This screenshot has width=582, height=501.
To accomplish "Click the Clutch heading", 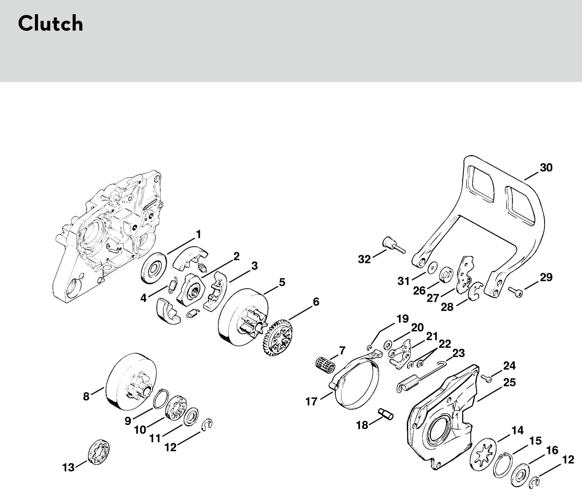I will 50,24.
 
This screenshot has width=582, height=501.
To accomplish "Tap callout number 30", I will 546,168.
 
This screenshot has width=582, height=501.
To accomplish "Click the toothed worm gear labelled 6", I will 278,337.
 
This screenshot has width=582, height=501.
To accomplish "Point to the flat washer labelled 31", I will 433,267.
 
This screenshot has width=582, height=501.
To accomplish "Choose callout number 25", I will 509,383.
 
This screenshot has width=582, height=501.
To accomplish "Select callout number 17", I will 311,401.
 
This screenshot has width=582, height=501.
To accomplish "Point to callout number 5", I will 282,282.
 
